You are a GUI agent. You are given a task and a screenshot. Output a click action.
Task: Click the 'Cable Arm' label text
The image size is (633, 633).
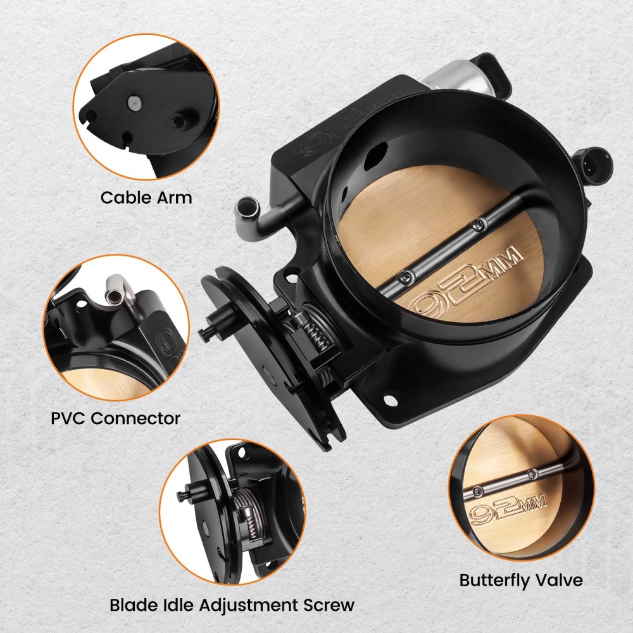click(146, 198)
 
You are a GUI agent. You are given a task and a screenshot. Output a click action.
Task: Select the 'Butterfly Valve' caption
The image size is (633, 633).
click(521, 580)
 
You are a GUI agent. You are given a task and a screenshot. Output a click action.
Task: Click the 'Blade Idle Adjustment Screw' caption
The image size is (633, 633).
click(232, 605)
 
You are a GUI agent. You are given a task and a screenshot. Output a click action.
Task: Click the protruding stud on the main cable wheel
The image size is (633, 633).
click(207, 329)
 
